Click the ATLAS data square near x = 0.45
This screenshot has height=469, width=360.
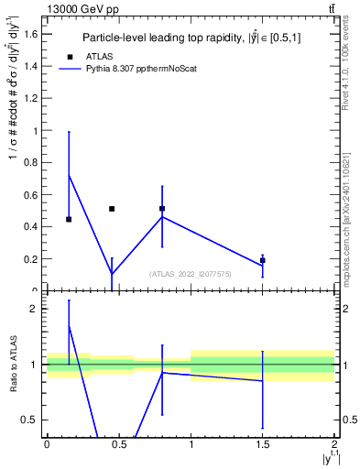coord(112,209)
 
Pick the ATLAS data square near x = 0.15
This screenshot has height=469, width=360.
coord(69,220)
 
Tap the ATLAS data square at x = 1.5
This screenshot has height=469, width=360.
coord(263,260)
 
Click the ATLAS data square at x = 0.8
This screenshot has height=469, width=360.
coord(162,209)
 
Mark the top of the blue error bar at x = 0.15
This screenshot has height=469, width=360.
coord(69,132)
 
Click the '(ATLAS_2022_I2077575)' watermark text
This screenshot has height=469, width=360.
coord(191,274)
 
